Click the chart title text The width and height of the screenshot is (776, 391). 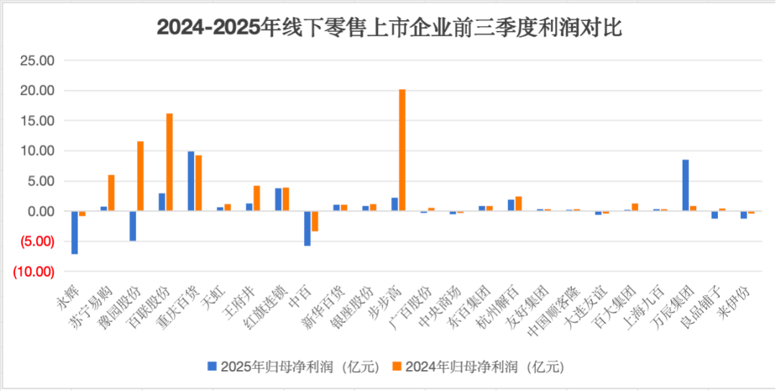click(389, 28)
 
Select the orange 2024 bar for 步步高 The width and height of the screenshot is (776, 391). click(402, 150)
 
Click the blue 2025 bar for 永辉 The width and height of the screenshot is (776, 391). click(75, 232)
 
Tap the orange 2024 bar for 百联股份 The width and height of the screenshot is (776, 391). click(170, 162)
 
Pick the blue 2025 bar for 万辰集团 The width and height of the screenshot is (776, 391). click(685, 185)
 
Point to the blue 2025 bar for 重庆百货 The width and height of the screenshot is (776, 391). click(191, 181)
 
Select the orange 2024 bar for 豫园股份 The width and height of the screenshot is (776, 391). click(140, 176)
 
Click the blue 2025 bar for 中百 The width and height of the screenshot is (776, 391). click(308, 229)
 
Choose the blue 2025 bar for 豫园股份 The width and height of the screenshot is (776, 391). click(133, 226)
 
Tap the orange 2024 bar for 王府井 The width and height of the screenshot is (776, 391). click(257, 198)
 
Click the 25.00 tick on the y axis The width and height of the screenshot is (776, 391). click(37, 61)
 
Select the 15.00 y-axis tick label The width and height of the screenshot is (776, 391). click(37, 121)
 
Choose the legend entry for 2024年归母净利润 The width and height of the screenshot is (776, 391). click(477, 367)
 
